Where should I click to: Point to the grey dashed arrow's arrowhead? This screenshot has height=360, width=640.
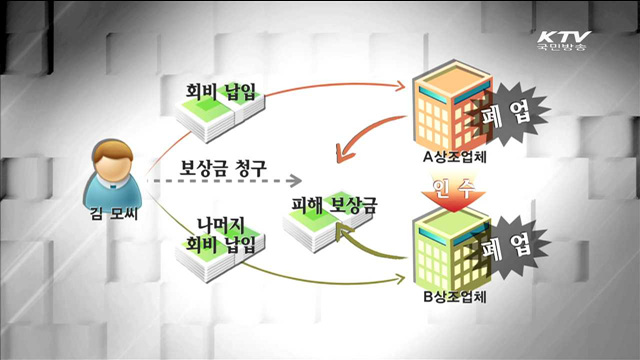tap(294, 181)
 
